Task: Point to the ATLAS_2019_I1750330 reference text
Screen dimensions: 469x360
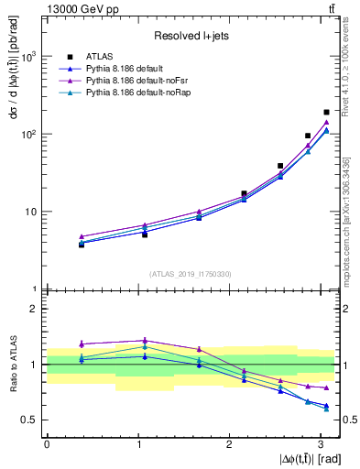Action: (191, 273)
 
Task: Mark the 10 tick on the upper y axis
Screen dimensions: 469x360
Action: (35, 212)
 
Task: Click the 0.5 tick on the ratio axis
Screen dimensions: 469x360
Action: (32, 420)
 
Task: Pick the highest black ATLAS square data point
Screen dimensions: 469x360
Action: (326, 112)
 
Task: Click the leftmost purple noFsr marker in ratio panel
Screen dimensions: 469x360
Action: (82, 344)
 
